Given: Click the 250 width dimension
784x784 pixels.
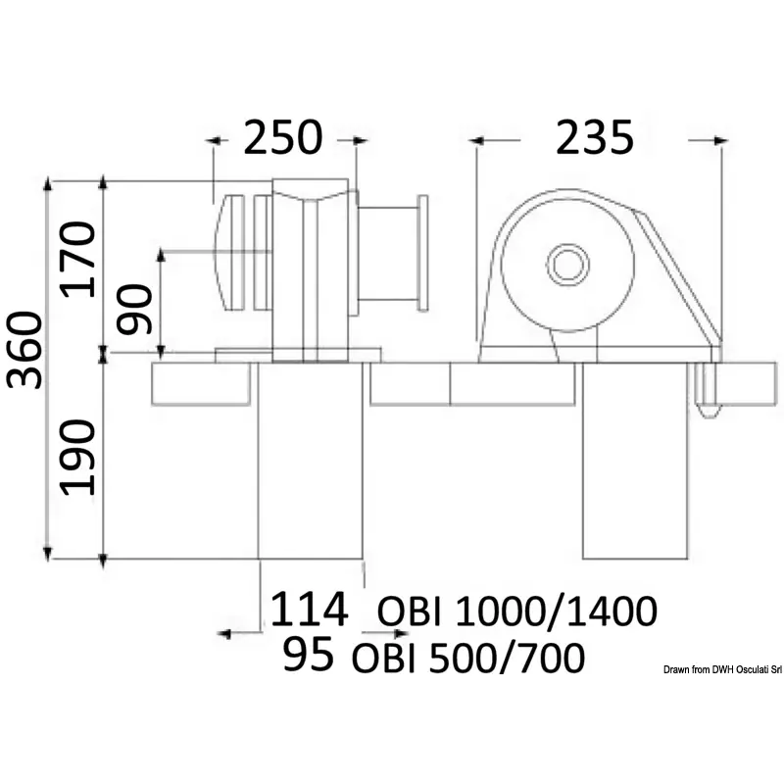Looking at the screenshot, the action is [283, 137].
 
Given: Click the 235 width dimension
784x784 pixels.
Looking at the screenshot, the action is [595, 137].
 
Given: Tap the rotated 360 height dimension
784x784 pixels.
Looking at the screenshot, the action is [24, 350].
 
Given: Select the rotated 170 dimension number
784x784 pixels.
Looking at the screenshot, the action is [77, 260].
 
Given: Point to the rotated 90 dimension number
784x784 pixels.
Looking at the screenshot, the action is [133, 309].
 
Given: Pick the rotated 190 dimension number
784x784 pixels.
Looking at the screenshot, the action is [77, 457].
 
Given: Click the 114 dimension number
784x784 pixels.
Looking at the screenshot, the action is [309, 609].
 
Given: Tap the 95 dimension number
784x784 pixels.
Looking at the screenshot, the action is [308, 654].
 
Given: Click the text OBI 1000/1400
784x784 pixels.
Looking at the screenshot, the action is [517, 611].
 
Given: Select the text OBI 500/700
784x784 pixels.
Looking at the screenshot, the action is [468, 657].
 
